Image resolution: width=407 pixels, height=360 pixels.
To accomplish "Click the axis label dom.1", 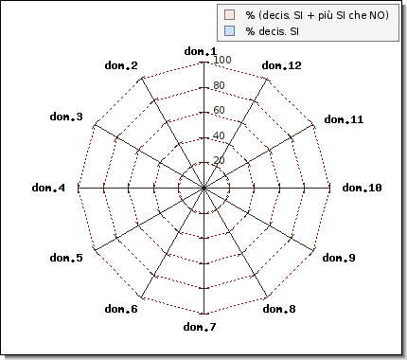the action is coord(201,51).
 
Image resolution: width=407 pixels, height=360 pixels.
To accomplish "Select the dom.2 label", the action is coord(121,65).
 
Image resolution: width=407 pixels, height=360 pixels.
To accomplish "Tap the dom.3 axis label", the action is coord(66,117).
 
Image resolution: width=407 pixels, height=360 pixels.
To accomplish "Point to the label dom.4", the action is coord(48,188).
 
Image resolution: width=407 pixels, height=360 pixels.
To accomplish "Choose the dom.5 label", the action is coord(66,258).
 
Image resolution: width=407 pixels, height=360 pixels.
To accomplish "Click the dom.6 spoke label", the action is coord(121,309).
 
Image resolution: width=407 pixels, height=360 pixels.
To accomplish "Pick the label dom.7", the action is coord(200,327).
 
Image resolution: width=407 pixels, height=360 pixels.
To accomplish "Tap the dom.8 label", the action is coord(279,309).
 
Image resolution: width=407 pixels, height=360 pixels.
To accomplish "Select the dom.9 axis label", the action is coord(339,258).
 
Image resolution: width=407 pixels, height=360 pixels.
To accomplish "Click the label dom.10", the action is coord(362,188).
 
